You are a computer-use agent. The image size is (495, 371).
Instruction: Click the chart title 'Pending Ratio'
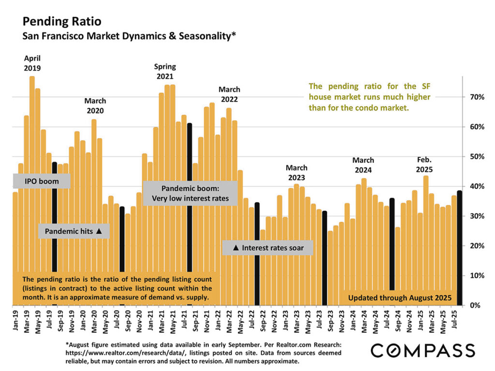click(62, 22)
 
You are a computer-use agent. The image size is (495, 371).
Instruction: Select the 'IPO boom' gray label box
click(42, 181)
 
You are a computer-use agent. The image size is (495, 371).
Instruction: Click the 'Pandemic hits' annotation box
click(73, 231)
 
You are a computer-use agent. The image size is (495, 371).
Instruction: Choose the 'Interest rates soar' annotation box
click(268, 248)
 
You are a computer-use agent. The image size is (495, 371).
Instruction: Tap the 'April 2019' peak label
click(32, 63)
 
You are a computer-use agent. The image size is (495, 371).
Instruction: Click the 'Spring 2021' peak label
click(165, 71)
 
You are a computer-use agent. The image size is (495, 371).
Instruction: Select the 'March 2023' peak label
click(296, 172)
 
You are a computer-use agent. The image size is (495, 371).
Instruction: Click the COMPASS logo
click(422, 350)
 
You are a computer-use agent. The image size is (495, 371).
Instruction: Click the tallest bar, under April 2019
click(32, 193)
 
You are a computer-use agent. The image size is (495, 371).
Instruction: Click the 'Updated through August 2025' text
click(400, 298)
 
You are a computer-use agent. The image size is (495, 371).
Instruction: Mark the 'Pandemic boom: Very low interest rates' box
click(190, 193)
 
